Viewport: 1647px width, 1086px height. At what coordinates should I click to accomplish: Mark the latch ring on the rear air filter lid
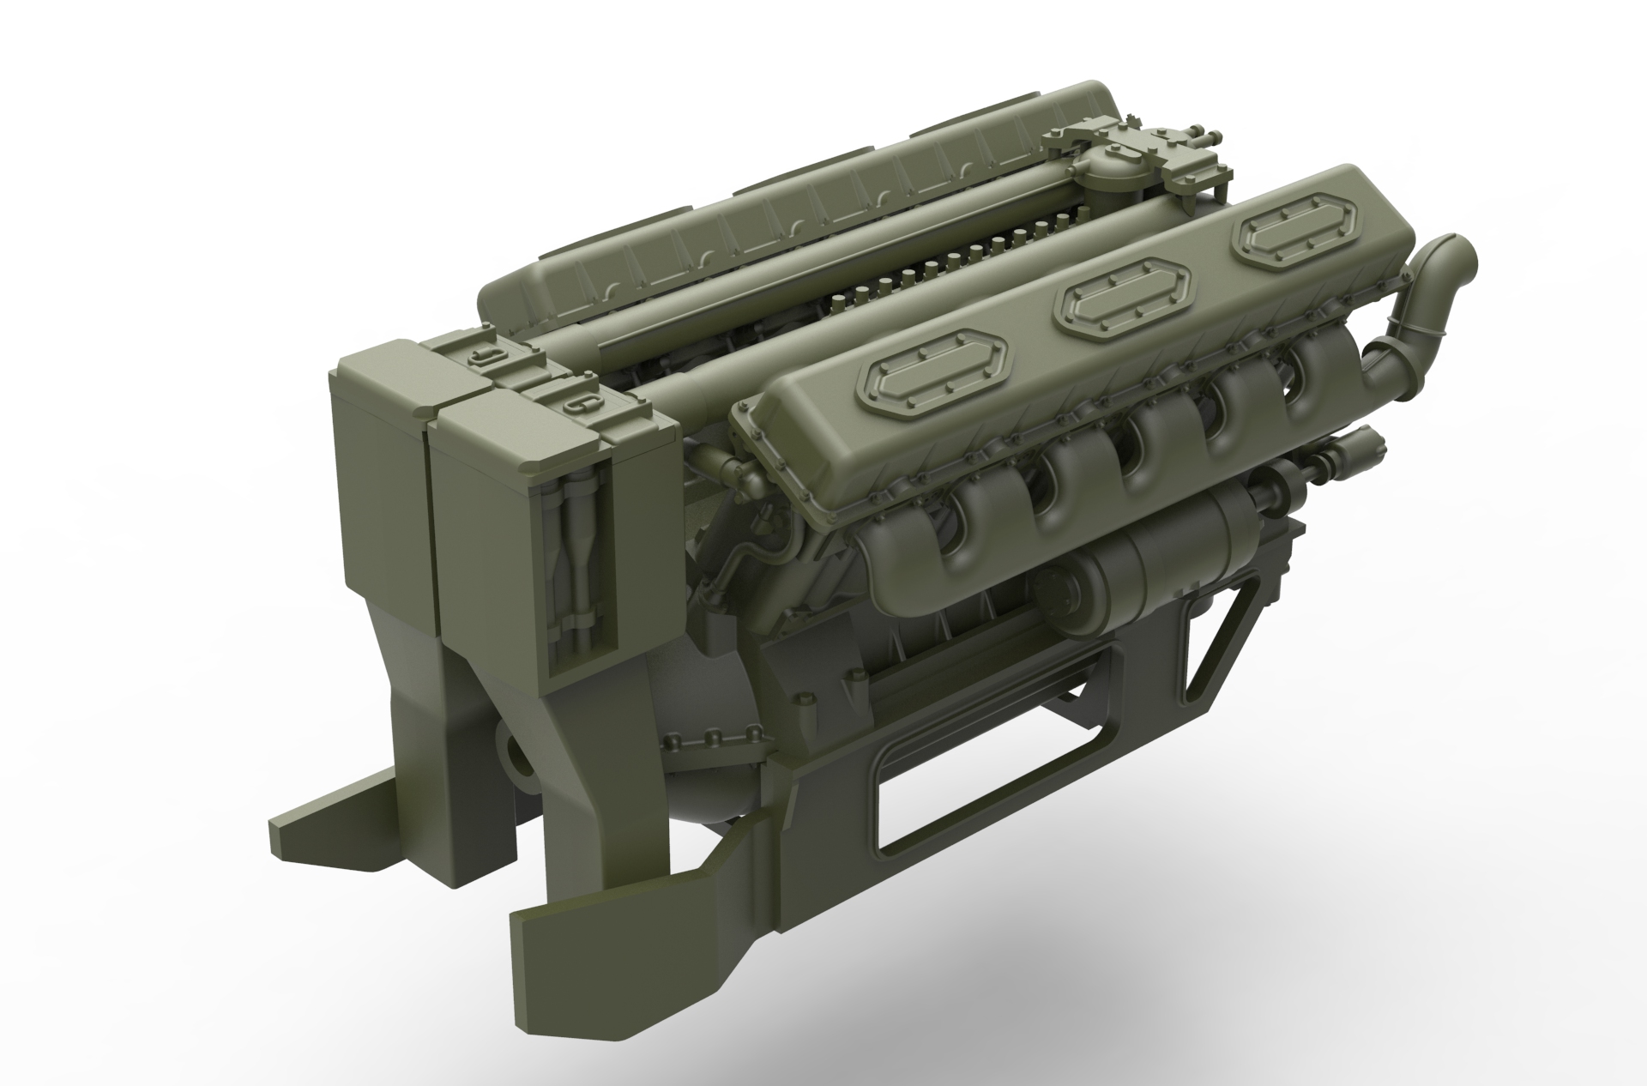point(488,355)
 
